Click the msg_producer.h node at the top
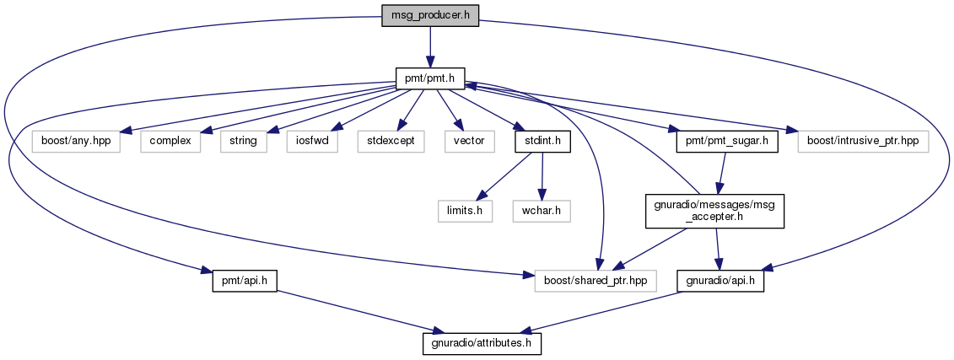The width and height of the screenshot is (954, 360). point(430,15)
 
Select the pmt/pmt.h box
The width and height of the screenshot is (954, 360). point(430,78)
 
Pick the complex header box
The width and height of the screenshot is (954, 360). point(170,142)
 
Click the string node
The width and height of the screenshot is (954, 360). point(244,142)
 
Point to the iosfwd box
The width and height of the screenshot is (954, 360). point(312,142)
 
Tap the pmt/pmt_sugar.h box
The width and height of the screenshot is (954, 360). point(727,142)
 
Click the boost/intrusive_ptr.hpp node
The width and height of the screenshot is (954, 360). point(864,142)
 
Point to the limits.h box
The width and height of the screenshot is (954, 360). point(465,211)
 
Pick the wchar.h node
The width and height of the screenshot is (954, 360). point(542,211)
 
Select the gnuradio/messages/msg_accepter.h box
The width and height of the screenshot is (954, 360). point(714,211)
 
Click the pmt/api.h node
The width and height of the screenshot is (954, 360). point(245,281)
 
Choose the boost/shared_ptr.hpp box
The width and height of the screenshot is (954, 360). point(596,281)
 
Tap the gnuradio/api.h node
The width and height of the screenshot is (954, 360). point(720,281)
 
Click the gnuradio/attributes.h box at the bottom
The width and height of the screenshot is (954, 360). point(482,344)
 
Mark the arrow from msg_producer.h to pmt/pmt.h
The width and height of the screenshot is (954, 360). point(430,46)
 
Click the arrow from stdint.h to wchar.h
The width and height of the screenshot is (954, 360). point(542,176)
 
